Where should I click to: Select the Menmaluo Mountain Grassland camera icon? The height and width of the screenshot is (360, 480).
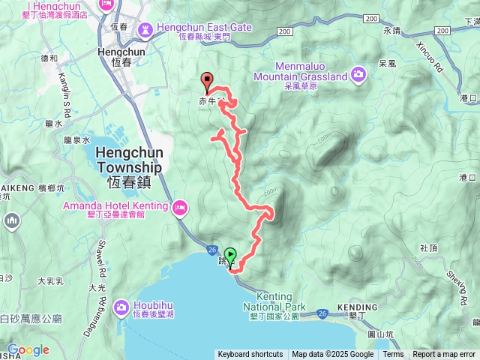(x=358, y=73)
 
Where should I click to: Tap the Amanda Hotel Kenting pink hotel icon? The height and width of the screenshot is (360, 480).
(x=180, y=208)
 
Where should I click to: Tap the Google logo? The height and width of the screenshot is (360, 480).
(x=28, y=349)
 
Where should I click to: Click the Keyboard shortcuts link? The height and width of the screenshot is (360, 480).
(x=250, y=355)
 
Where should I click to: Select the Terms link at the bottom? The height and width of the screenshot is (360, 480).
(x=393, y=355)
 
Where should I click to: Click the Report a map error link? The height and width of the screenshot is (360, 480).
(x=444, y=355)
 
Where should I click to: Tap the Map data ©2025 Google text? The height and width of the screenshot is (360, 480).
(x=333, y=355)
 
